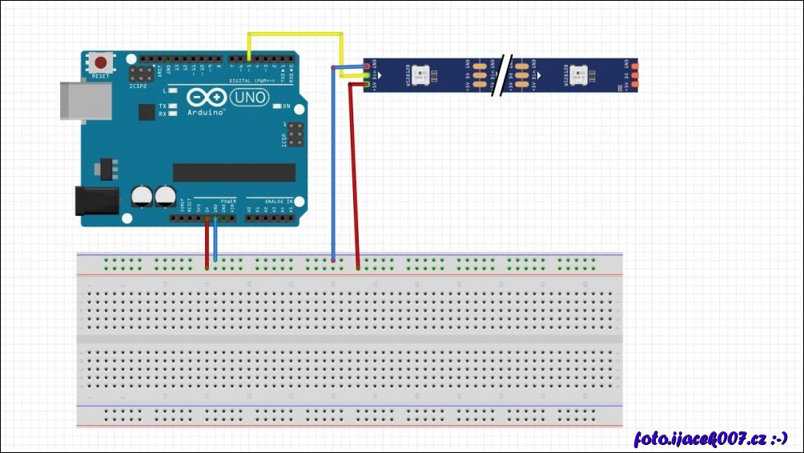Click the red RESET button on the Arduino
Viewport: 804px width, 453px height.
[101, 62]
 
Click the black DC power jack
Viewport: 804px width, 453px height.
[95, 200]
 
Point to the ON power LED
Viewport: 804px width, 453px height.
[276, 106]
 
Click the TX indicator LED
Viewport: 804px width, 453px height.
[171, 106]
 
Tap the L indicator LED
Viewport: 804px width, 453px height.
[171, 90]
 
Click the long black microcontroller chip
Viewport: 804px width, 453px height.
[234, 172]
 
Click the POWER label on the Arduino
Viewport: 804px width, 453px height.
[228, 200]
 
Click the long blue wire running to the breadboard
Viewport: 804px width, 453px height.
[332, 176]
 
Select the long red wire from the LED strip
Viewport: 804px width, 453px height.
[351, 176]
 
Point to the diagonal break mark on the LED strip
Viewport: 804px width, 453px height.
[503, 75]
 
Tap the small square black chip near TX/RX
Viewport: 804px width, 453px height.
[147, 113]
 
